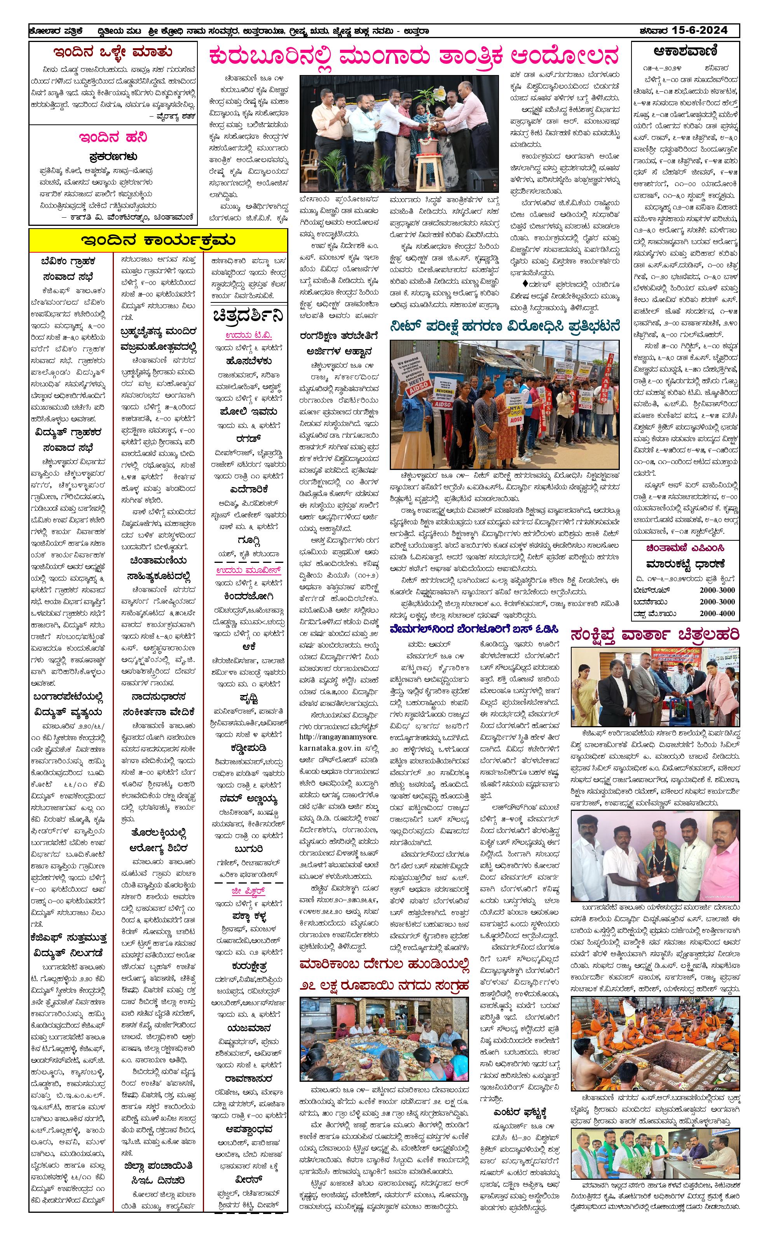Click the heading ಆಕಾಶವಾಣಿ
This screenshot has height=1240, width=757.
click(x=685, y=51)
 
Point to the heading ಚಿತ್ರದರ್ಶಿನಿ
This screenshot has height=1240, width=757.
click(x=248, y=316)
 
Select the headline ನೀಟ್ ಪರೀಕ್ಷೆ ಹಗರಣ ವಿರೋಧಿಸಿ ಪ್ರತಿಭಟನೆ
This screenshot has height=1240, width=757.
click(x=504, y=327)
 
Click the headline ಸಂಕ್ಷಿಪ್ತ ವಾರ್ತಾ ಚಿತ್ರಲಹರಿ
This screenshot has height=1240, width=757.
click(x=655, y=635)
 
